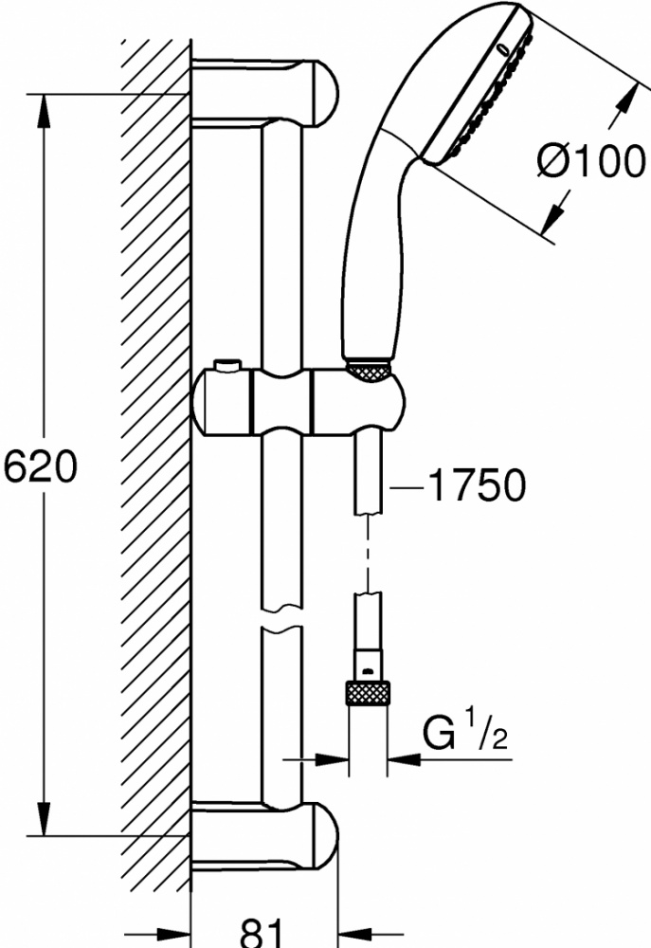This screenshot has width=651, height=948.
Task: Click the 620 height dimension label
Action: (x=41, y=466)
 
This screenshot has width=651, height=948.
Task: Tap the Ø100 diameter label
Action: (x=590, y=161)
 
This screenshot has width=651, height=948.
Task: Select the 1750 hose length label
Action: (x=477, y=484)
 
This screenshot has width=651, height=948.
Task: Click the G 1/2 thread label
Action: (x=465, y=733)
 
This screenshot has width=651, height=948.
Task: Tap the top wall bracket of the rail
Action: (x=264, y=94)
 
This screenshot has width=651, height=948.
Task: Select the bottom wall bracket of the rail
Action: (x=264, y=836)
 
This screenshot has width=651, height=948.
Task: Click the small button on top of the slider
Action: (x=227, y=366)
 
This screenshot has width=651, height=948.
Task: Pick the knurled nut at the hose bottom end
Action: (x=368, y=693)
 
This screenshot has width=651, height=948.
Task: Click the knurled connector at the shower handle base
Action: (x=368, y=372)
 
